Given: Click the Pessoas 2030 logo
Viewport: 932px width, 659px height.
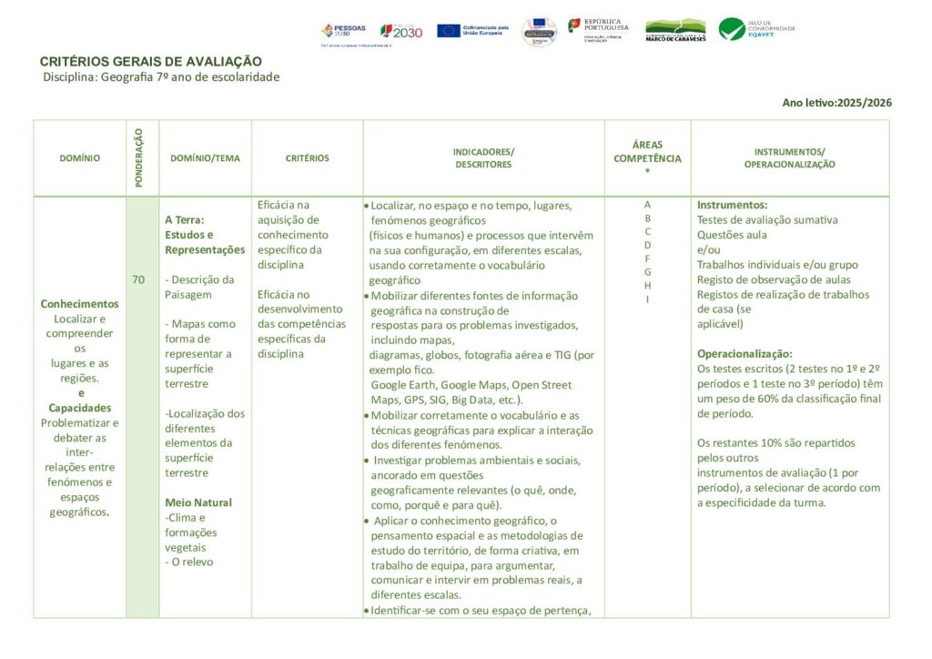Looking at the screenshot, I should click(x=343, y=31).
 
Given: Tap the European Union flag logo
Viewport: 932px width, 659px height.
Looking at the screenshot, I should click(x=449, y=31).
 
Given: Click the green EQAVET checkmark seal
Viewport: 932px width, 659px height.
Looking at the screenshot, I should click(x=732, y=29).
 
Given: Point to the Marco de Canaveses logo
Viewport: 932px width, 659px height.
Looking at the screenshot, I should click(x=675, y=30).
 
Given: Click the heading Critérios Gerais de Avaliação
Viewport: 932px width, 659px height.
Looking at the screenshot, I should click(x=150, y=61).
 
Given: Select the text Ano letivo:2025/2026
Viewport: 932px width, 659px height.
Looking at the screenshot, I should click(x=836, y=103).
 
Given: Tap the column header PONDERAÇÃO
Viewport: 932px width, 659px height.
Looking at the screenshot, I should click(x=139, y=158).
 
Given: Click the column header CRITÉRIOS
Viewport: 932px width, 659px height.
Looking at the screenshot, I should click(x=307, y=158).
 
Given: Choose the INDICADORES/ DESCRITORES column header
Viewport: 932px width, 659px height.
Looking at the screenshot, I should click(x=483, y=158).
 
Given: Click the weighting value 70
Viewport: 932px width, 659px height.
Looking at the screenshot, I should click(x=138, y=280).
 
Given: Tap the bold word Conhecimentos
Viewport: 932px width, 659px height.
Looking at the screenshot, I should click(x=79, y=304).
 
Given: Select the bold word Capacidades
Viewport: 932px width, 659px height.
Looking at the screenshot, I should click(x=79, y=408).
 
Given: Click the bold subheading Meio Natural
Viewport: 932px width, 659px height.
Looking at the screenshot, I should click(x=198, y=502).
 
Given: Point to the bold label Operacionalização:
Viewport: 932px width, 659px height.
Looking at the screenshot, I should click(x=745, y=353).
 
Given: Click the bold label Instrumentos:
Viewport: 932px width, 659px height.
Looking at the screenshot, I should click(x=732, y=205).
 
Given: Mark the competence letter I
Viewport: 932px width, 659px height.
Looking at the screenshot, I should click(x=647, y=299).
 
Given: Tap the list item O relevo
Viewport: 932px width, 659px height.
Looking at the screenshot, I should click(x=192, y=562).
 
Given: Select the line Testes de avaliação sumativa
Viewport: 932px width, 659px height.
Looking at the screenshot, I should click(x=767, y=219).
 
